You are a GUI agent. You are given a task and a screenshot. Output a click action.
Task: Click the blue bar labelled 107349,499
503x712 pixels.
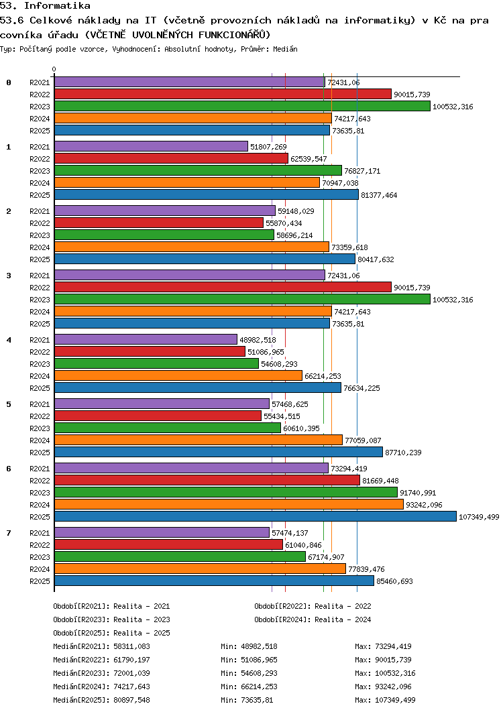click(x=255, y=516)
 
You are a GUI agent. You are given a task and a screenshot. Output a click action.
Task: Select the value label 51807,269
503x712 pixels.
click(x=268, y=147)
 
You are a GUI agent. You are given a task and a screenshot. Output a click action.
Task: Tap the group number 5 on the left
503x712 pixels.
click(x=9, y=404)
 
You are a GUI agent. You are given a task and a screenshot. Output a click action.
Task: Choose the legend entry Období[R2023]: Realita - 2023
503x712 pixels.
click(x=111, y=619)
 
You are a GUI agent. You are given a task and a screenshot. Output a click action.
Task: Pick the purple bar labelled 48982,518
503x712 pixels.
click(x=146, y=339)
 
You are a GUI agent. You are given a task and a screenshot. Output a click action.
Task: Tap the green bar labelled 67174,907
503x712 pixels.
click(x=180, y=556)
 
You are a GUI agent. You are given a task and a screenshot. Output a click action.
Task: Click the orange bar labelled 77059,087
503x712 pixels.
click(x=198, y=440)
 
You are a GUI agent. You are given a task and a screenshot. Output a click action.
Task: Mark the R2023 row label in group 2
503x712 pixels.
click(x=40, y=235)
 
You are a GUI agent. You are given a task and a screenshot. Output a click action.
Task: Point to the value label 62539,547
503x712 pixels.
click(x=309, y=159)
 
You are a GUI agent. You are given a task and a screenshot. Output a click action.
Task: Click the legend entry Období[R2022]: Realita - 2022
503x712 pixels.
click(x=313, y=606)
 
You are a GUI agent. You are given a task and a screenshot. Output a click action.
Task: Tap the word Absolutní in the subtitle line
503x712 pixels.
click(x=213, y=50)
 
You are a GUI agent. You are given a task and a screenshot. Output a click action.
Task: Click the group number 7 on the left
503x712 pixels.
click(x=9, y=533)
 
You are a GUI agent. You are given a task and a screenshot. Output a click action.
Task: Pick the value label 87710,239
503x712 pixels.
click(x=403, y=453)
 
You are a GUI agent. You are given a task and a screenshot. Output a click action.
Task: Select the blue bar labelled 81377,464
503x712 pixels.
click(x=206, y=194)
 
